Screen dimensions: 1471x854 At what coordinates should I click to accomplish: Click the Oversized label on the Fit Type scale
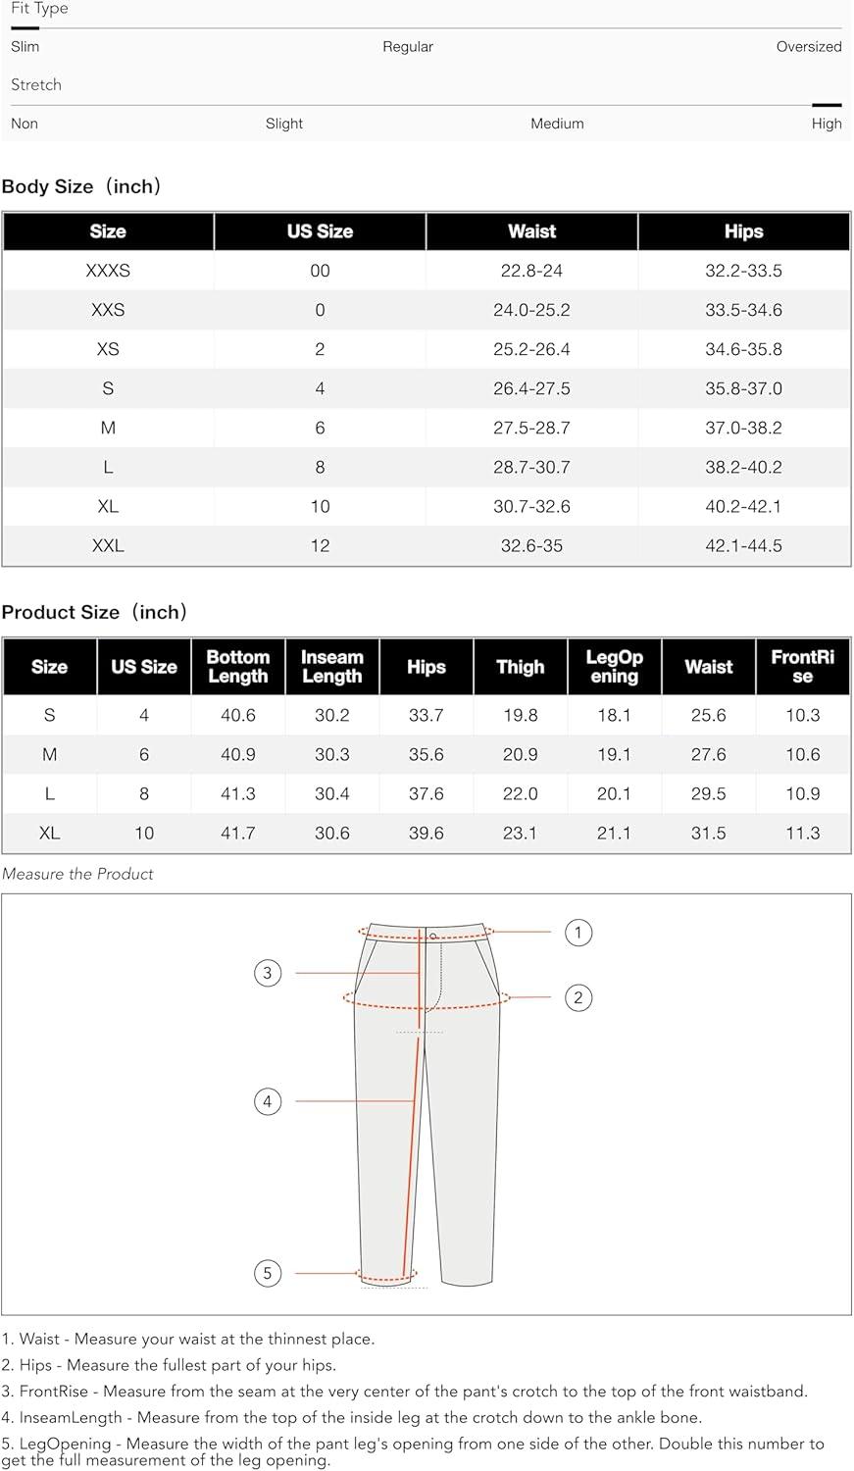(808, 46)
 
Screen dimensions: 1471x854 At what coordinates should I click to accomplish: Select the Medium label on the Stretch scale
(557, 124)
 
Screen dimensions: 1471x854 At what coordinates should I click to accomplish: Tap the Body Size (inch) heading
(81, 186)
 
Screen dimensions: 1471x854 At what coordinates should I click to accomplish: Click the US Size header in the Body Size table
(320, 231)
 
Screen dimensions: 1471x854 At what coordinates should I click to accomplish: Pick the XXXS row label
(108, 271)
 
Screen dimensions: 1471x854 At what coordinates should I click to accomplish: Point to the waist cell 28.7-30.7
(531, 467)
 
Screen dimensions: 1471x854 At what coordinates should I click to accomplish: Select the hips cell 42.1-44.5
(743, 545)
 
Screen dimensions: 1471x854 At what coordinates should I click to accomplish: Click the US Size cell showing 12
(320, 545)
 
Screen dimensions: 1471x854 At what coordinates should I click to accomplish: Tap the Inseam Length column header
(331, 667)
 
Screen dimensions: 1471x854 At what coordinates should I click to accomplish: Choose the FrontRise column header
(802, 667)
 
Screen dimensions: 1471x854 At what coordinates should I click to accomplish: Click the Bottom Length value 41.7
(238, 833)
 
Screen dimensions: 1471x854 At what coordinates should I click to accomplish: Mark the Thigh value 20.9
(520, 754)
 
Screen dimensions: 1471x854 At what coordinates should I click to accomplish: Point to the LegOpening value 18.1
(614, 715)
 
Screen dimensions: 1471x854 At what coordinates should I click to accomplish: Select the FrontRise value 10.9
(802, 793)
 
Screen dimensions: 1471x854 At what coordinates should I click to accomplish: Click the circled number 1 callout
(578, 932)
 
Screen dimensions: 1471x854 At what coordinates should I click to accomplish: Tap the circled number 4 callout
(268, 1101)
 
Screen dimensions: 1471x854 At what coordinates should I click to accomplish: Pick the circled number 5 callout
(268, 1273)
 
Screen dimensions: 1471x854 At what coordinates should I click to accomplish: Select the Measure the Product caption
(77, 874)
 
